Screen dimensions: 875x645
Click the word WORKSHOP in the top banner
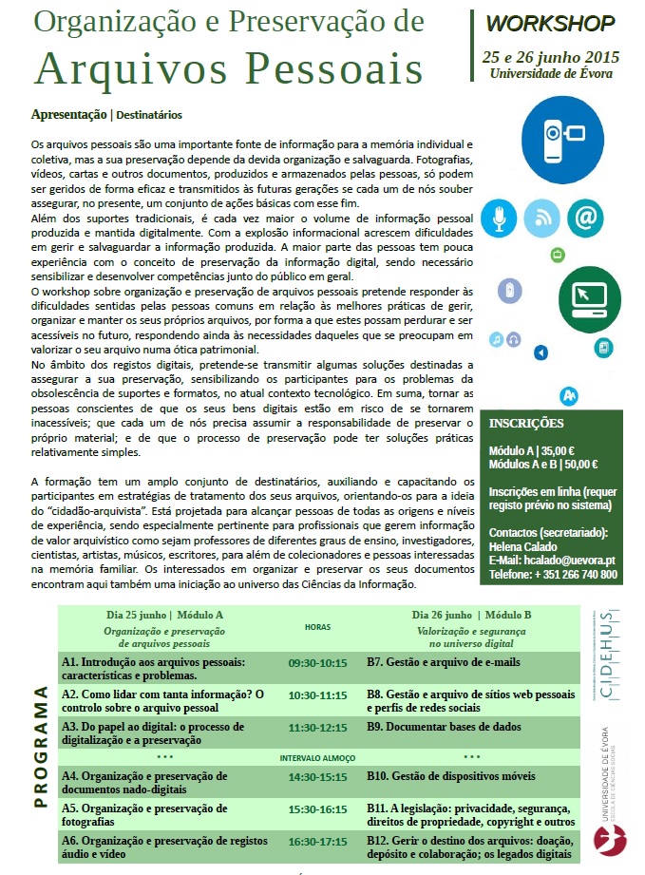[550, 24]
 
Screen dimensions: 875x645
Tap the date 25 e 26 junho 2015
[550, 57]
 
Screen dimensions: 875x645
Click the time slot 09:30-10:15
[317, 663]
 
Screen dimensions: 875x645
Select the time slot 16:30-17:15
[317, 842]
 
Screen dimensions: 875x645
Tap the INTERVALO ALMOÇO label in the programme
[317, 758]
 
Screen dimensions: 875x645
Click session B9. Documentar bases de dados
[444, 727]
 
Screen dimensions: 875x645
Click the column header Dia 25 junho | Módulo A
[164, 615]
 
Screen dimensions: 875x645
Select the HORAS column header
[317, 627]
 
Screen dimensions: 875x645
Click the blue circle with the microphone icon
[498, 219]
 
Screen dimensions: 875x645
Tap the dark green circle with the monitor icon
[589, 298]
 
